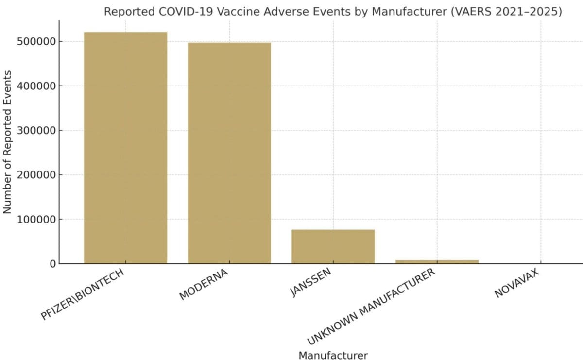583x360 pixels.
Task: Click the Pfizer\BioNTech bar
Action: pos(125,148)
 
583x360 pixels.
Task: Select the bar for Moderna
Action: pos(229,153)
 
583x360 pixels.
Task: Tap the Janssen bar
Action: pos(333,246)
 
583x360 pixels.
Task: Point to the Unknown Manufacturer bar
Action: pos(437,262)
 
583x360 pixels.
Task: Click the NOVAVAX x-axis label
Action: pos(518,284)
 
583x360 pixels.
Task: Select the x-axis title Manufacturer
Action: pos(333,355)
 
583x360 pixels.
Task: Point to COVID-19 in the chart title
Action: pos(177,12)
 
